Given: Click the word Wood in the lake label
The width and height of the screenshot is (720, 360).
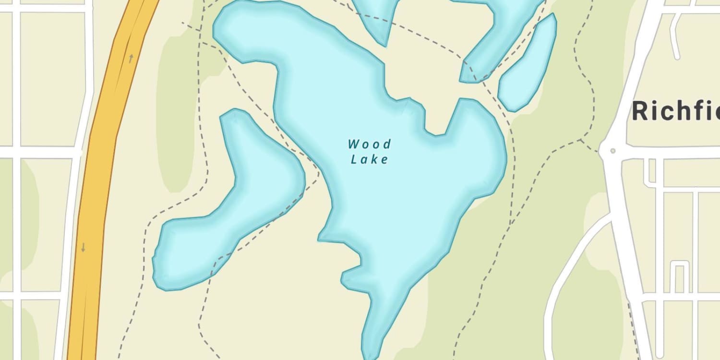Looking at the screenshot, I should pyautogui.click(x=369, y=144).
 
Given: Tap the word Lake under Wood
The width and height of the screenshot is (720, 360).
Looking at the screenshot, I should pyautogui.click(x=369, y=159).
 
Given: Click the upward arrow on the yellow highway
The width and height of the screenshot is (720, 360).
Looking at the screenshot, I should pyautogui.click(x=131, y=59).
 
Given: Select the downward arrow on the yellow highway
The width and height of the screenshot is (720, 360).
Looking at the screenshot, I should pyautogui.click(x=83, y=248).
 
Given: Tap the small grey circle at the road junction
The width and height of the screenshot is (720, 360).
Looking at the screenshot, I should pyautogui.click(x=612, y=151).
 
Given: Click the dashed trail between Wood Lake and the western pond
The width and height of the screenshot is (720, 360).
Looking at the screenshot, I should pyautogui.click(x=288, y=139).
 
